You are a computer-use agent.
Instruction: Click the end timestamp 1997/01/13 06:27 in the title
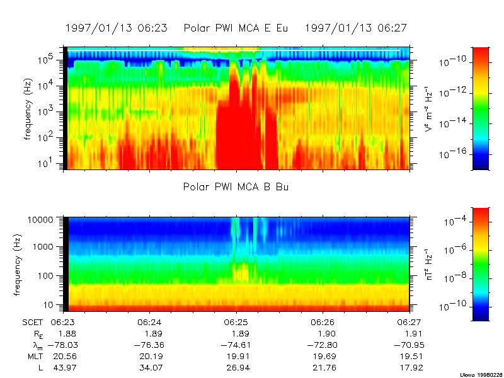356,28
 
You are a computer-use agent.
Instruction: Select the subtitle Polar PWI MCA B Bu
236,187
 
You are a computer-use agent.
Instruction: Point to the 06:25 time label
236,322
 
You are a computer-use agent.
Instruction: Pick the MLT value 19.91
236,356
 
